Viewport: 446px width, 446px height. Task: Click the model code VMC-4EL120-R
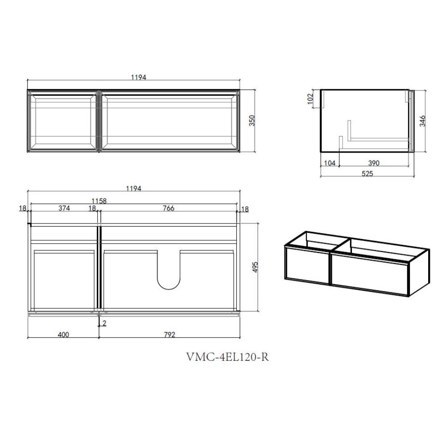pyautogui.click(x=227, y=357)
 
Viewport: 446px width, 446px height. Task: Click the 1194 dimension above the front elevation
pyautogui.click(x=139, y=77)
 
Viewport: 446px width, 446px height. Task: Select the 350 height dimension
pyautogui.click(x=252, y=120)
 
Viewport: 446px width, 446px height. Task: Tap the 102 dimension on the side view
pyautogui.click(x=310, y=99)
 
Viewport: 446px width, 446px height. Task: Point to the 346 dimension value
pyautogui.click(x=423, y=121)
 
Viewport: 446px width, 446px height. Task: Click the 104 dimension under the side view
pyautogui.click(x=330, y=163)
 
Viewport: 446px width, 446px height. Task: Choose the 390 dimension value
pyautogui.click(x=374, y=163)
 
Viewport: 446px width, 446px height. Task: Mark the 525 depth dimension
pyautogui.click(x=367, y=173)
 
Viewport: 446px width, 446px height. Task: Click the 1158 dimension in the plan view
pyautogui.click(x=99, y=201)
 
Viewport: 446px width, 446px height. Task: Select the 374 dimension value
pyautogui.click(x=64, y=208)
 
